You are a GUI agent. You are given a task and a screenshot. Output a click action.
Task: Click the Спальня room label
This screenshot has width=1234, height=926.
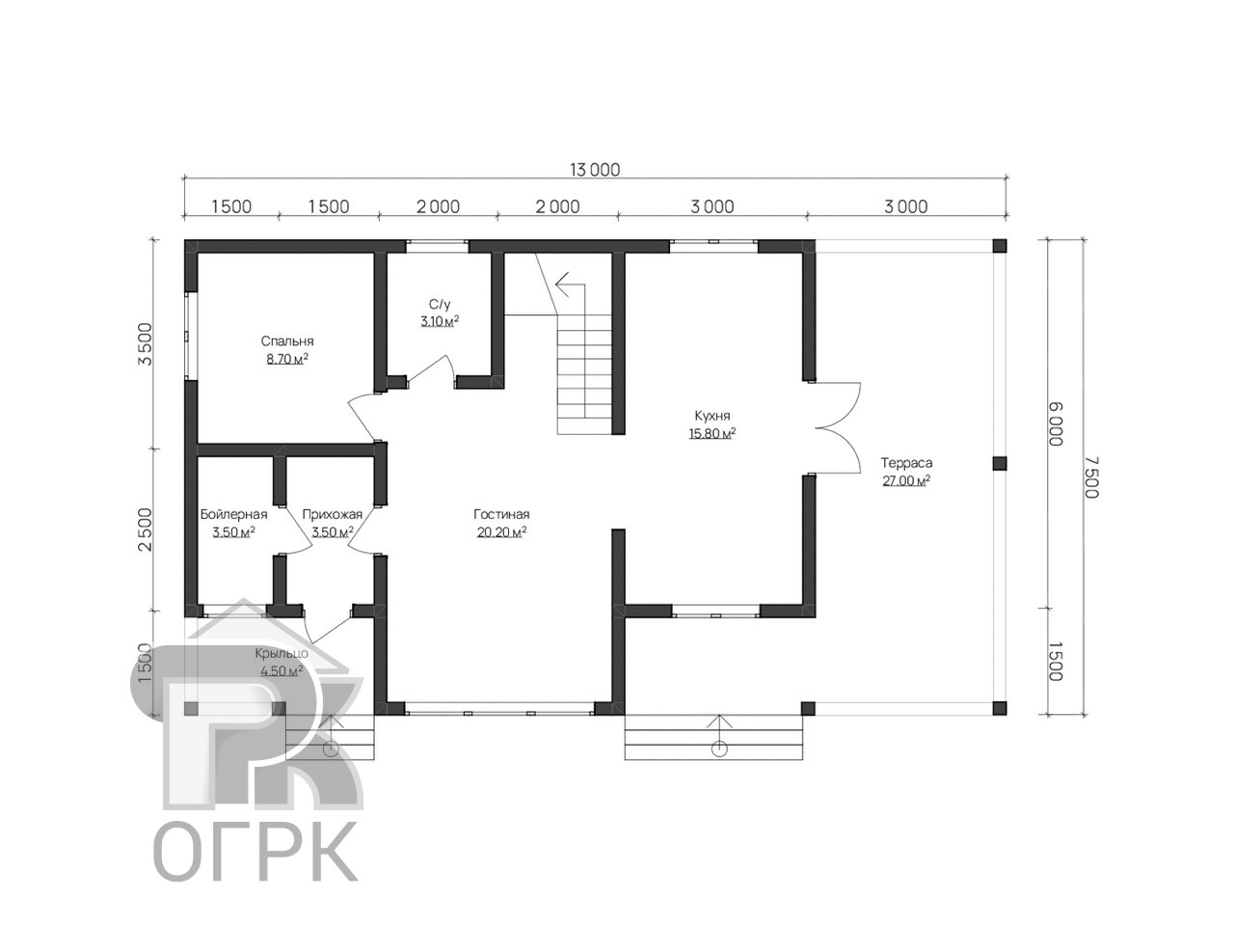286,340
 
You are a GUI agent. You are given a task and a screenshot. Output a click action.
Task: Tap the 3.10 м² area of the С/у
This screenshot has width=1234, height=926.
440,321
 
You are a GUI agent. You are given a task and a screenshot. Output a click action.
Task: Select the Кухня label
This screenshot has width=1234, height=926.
711,416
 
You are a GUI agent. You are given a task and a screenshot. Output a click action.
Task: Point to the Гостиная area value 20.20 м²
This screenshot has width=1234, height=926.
501,531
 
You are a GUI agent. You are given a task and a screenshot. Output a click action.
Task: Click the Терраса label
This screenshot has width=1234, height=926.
906,463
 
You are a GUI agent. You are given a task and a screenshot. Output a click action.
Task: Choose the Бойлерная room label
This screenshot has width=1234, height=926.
234,514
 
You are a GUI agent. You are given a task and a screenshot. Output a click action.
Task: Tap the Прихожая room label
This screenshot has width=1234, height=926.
333,514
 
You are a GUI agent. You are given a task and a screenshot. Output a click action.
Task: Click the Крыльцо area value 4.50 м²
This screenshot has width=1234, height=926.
282,670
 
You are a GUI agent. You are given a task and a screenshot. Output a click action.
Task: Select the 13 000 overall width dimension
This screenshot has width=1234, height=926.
595,169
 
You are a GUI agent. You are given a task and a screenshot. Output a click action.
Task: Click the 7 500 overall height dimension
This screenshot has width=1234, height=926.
1090,477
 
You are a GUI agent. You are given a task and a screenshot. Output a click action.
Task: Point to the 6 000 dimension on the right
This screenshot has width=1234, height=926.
1056,423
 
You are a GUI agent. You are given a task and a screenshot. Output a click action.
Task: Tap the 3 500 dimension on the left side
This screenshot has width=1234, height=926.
145,344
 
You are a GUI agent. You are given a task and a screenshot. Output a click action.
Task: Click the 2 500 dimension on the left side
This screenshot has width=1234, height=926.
145,530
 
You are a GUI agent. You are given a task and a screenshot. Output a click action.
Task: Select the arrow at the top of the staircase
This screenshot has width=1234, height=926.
570,284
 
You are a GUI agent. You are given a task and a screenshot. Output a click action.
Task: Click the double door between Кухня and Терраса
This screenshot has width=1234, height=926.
837,428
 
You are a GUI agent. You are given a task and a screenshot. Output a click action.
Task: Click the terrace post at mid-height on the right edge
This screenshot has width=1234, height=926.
999,463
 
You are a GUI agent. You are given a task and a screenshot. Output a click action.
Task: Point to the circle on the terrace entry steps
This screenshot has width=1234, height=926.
719,749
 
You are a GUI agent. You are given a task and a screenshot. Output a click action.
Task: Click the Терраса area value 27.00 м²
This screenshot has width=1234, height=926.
905,480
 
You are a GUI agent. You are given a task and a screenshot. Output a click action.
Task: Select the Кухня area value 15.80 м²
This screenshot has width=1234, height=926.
712,433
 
